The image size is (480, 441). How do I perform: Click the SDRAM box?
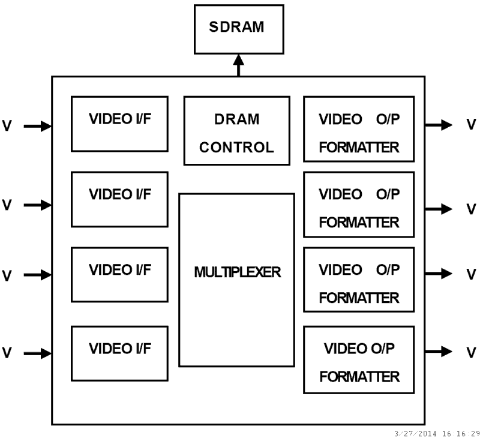pyautogui.click(x=239, y=29)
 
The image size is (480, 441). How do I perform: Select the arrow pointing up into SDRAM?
pyautogui.click(x=239, y=65)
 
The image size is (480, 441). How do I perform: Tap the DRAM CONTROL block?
pyautogui.click(x=236, y=131)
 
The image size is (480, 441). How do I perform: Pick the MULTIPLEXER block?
pyautogui.click(x=236, y=280)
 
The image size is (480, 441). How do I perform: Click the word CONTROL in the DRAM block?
pyautogui.click(x=236, y=147)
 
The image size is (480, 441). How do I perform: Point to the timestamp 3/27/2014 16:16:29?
pyautogui.click(x=436, y=433)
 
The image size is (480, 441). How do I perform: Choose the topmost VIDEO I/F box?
pyautogui.click(x=119, y=123)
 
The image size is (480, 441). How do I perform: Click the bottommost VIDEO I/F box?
pyautogui.click(x=119, y=353)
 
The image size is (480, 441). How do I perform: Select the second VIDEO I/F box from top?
pyautogui.click(x=119, y=199)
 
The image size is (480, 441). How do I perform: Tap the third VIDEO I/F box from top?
pyautogui.click(x=119, y=274)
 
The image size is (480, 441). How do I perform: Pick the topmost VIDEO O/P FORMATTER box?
pyautogui.click(x=359, y=128)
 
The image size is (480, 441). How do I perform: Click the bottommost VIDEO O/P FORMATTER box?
pyautogui.click(x=359, y=359)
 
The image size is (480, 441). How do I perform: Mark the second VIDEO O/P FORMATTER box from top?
pyautogui.click(x=359, y=204)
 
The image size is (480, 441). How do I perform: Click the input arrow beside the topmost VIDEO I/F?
pyautogui.click(x=38, y=126)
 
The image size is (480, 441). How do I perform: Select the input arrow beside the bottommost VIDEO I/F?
pyautogui.click(x=38, y=353)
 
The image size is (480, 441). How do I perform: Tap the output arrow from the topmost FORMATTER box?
pyautogui.click(x=439, y=125)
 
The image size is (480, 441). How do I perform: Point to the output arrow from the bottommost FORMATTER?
pyautogui.click(x=439, y=351)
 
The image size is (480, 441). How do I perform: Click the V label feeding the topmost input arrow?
pyautogui.click(x=7, y=127)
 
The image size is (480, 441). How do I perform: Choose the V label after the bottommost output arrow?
pyautogui.click(x=472, y=352)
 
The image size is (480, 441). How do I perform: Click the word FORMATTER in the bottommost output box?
pyautogui.click(x=359, y=377)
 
